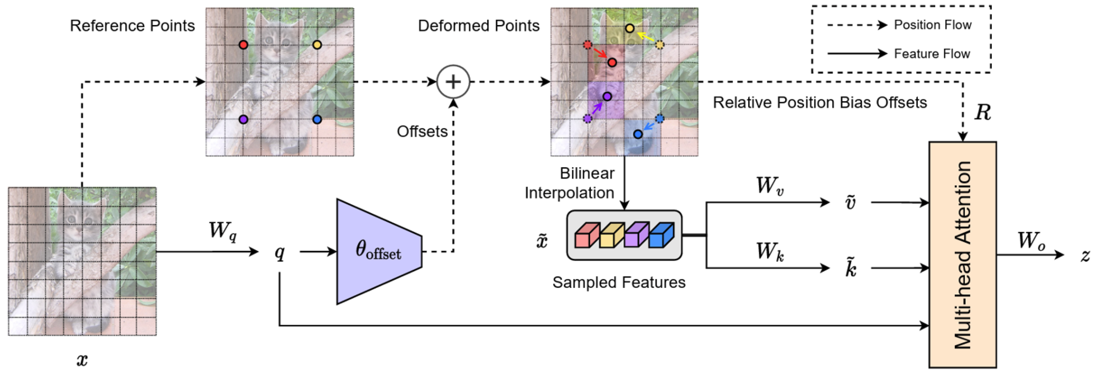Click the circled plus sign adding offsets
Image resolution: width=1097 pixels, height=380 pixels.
coord(453,82)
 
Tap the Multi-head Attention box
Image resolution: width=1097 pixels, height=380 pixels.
coord(962,255)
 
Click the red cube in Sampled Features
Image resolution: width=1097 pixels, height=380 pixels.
coord(586,236)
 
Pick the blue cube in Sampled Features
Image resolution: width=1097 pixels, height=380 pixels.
coord(662,236)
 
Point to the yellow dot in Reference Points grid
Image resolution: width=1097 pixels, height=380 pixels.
coord(317,45)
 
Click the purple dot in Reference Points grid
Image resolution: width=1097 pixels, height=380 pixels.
coord(243,119)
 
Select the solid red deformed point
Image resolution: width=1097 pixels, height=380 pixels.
coord(612,63)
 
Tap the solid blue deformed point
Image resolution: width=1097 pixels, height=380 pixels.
coord(638,134)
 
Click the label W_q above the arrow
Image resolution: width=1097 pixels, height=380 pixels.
coord(222,231)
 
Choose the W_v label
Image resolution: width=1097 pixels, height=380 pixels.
coord(769,186)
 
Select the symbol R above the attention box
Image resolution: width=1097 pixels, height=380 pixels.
coord(982,113)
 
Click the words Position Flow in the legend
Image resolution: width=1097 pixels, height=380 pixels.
coord(932,25)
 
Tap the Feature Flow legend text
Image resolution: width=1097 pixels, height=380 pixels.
coord(932,54)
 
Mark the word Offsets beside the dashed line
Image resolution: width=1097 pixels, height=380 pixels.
coord(422,131)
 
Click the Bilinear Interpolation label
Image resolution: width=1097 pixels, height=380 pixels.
coord(569,183)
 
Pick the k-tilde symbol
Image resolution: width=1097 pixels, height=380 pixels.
coord(850,268)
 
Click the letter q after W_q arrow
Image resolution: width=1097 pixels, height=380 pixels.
coord(279,253)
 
